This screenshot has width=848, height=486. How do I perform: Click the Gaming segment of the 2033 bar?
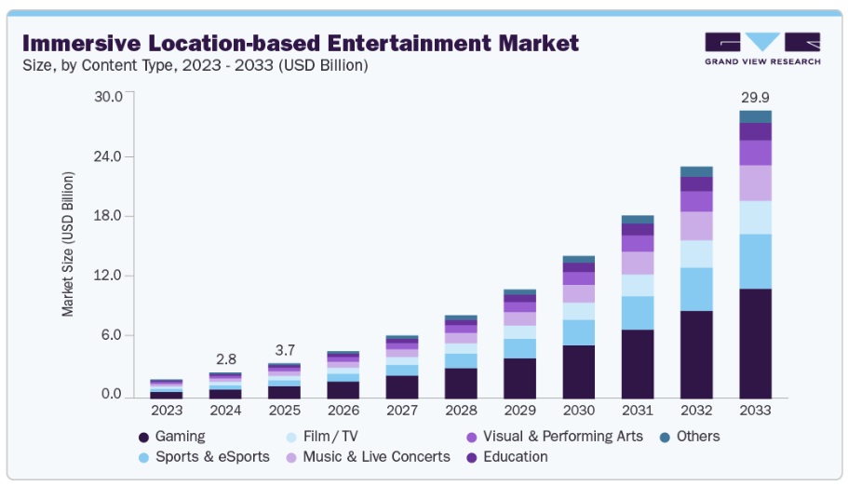pos(755,344)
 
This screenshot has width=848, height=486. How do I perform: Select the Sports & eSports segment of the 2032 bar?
pos(696,289)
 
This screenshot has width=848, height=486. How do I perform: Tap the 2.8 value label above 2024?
pos(225,359)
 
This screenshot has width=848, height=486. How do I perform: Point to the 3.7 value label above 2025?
pos(284,350)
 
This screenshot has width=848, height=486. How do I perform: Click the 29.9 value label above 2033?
pos(755,97)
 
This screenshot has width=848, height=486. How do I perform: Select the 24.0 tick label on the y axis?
pos(108,156)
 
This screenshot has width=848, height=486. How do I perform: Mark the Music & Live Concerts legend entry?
pos(377,456)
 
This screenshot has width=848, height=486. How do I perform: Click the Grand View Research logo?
pos(762,48)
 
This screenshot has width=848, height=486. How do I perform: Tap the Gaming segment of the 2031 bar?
pos(638,364)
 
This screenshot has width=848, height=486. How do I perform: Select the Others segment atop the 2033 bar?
pos(755,116)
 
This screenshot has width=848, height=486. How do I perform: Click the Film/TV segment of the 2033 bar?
pos(755,217)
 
